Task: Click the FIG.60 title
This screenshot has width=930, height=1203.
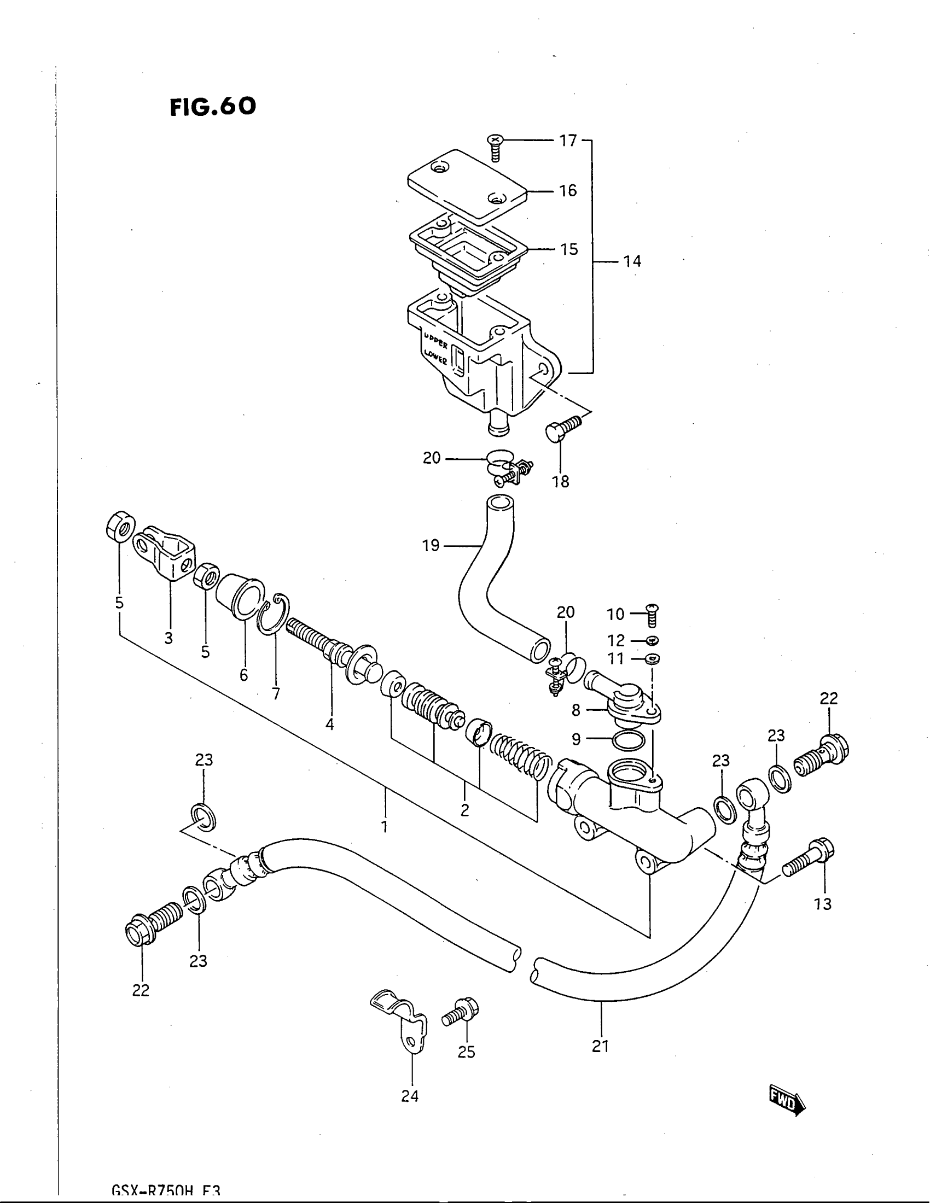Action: click(213, 106)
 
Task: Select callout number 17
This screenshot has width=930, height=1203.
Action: click(568, 141)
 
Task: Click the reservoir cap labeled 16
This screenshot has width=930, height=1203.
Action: click(467, 185)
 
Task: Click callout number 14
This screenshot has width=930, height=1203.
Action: click(632, 261)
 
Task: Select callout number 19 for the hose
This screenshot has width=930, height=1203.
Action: click(431, 545)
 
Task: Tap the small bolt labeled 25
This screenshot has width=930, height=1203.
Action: click(461, 1011)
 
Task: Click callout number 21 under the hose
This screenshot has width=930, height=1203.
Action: click(600, 1046)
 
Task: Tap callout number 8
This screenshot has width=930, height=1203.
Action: click(576, 710)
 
